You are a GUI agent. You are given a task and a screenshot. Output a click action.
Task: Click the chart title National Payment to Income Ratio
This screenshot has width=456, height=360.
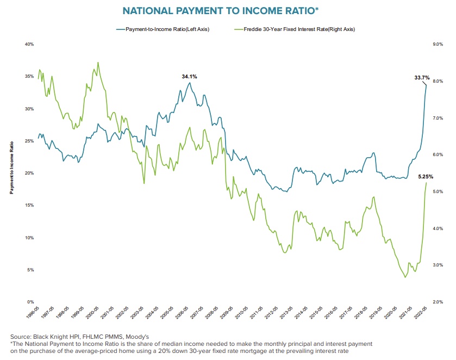tap(227, 10)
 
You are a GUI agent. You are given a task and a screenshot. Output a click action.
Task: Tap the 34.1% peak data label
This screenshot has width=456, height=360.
tap(189, 77)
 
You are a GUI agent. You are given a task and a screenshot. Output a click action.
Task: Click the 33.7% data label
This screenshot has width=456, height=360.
tap(422, 78)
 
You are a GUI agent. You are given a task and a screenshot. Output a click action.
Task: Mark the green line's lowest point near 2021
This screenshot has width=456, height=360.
tap(404, 277)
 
